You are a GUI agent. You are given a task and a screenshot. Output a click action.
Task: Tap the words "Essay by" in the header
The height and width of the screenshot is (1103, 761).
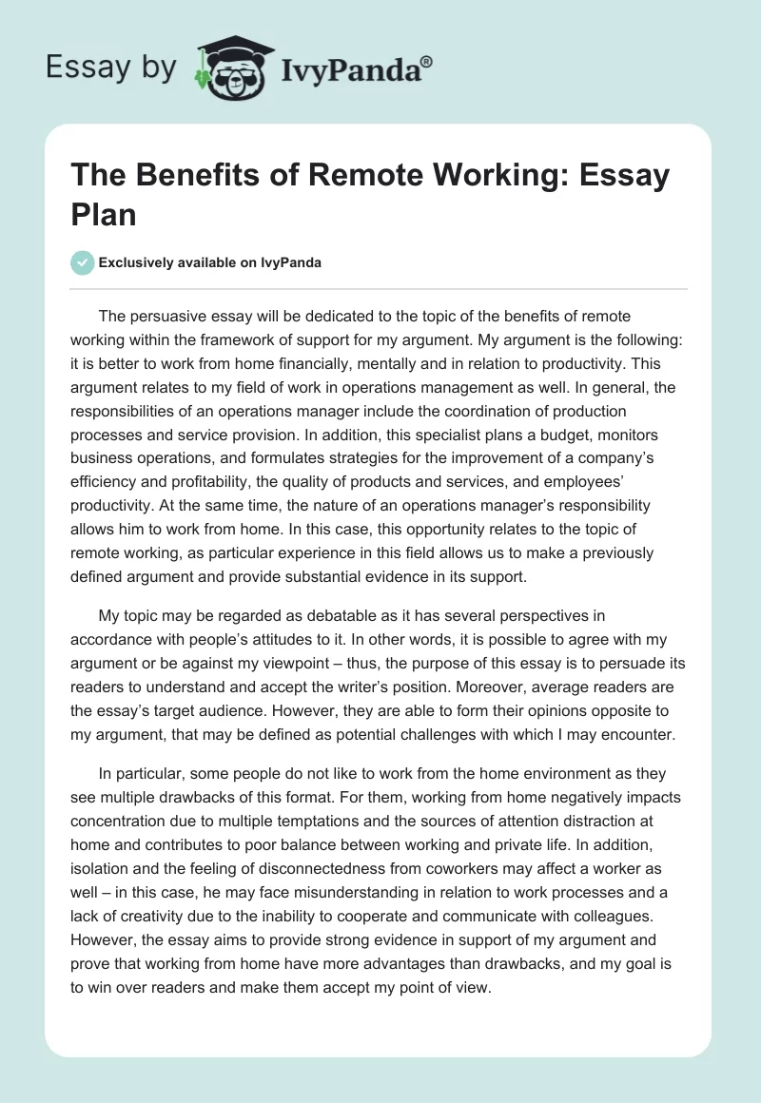pos(110,68)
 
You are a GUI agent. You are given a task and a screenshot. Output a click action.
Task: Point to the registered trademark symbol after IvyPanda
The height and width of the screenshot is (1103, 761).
pos(427,60)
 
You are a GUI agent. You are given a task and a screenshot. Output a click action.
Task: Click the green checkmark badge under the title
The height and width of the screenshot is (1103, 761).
pos(82,262)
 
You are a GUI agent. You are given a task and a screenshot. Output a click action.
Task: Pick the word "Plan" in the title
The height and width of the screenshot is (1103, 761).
pos(104,214)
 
